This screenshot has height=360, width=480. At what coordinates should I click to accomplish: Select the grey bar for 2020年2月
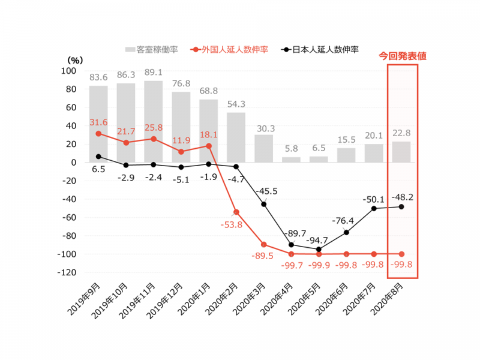[236, 137]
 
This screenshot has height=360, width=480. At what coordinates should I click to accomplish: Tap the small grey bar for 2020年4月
[291, 160]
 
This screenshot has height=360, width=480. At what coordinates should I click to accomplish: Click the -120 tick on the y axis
[65, 272]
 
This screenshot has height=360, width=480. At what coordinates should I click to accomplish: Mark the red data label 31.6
[98, 122]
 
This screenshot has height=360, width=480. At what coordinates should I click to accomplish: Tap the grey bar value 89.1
[154, 73]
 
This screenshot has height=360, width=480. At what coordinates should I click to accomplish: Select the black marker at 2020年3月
[263, 204]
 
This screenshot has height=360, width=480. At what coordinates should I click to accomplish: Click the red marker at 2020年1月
[208, 146]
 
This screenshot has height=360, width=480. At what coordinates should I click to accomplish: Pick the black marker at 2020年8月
[401, 206]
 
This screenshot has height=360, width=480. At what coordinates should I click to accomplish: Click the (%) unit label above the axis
[74, 59]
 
